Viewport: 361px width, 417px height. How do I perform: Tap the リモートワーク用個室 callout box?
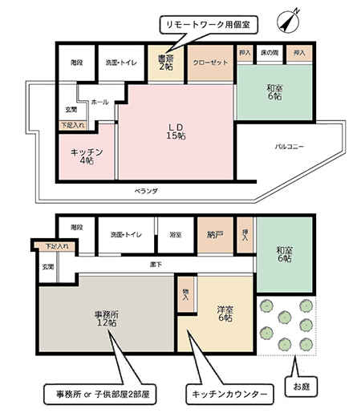207,25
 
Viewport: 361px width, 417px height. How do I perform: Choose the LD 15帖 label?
176,131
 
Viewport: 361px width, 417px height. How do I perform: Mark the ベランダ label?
146,192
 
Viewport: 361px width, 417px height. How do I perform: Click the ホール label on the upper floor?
100,103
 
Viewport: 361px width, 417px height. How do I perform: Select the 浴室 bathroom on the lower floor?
175,234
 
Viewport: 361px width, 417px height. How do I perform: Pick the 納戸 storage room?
213,234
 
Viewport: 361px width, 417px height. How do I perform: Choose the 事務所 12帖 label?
105,318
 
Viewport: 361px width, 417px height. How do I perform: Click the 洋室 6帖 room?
224,314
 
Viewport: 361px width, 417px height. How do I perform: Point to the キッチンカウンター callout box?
229,394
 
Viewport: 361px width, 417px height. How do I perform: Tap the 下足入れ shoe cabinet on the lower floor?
51,246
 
